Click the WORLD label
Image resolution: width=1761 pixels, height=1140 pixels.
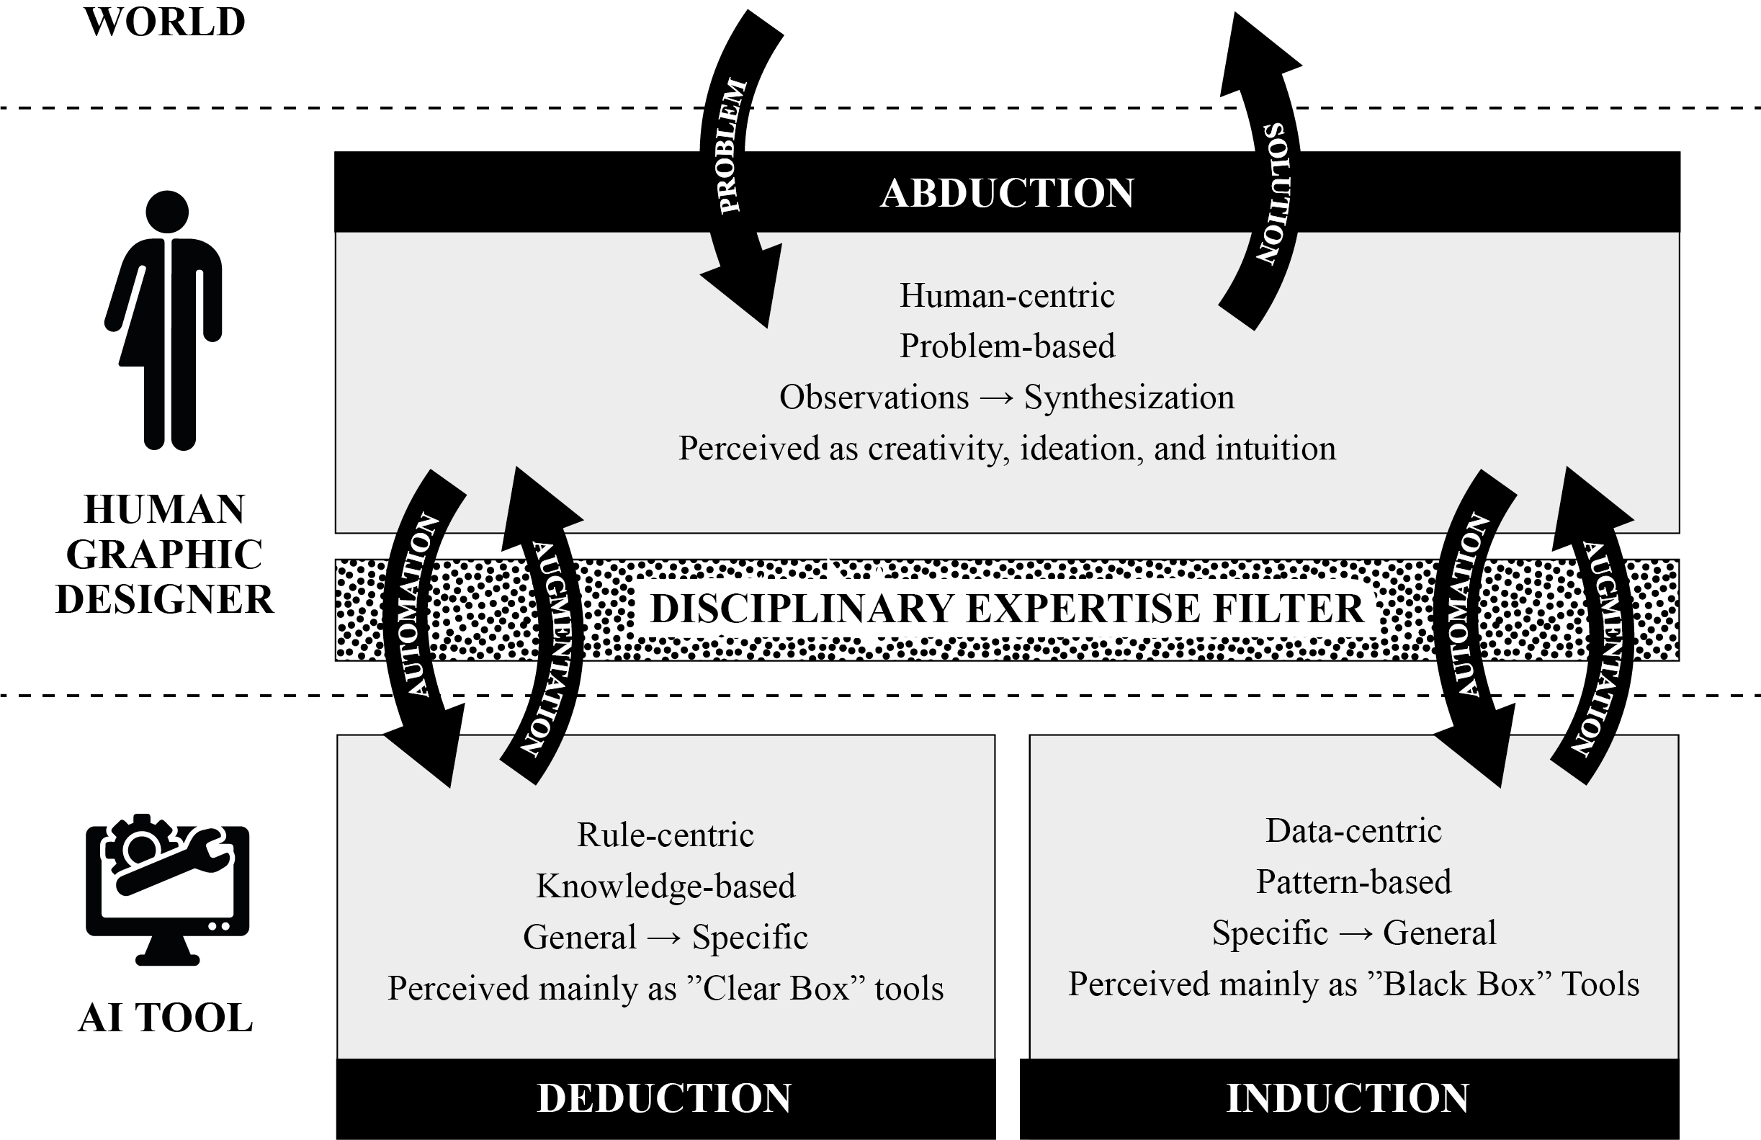tap(164, 22)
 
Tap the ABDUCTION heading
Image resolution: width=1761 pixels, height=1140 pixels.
tap(1006, 193)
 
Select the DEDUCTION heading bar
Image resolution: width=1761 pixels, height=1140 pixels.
tap(665, 1098)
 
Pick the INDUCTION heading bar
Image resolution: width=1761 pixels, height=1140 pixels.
tap(1348, 1098)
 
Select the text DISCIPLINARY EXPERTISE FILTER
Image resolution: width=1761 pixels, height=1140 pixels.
tap(1006, 609)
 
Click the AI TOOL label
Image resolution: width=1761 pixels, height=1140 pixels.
tap(165, 1018)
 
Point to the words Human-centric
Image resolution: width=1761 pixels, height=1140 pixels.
tap(1006, 296)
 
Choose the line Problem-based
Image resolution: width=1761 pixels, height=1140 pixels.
tap(1006, 346)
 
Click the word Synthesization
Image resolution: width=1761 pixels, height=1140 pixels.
tap(1129, 398)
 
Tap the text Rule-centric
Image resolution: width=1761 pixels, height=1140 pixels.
tap(666, 835)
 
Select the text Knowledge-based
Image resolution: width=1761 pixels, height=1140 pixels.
tap(666, 887)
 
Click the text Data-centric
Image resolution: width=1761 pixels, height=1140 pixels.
tap(1353, 831)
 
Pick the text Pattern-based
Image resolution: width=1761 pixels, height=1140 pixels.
tap(1353, 881)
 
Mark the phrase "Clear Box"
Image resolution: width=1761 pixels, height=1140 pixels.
tap(776, 988)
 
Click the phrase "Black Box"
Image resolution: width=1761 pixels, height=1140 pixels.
tap(1458, 984)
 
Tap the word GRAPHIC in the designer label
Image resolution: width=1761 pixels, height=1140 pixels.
tap(164, 555)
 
